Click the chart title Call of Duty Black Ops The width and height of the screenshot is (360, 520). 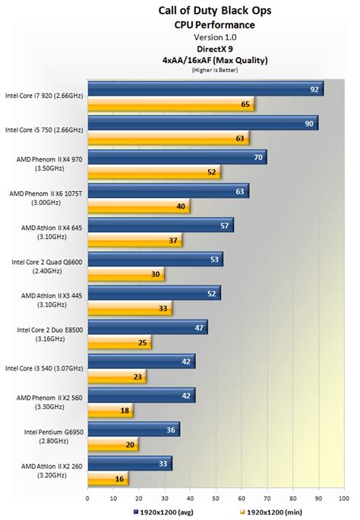(215, 11)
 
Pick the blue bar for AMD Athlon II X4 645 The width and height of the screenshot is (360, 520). (159, 225)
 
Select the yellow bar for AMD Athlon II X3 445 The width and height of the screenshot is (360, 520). (129, 309)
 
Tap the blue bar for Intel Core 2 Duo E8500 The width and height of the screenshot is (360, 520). (147, 328)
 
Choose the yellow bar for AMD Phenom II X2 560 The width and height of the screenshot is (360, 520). (110, 411)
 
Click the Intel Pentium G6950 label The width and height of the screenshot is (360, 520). (47, 439)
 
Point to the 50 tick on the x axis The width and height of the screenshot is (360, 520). (216, 498)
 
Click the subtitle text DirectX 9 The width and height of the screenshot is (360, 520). (215, 47)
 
